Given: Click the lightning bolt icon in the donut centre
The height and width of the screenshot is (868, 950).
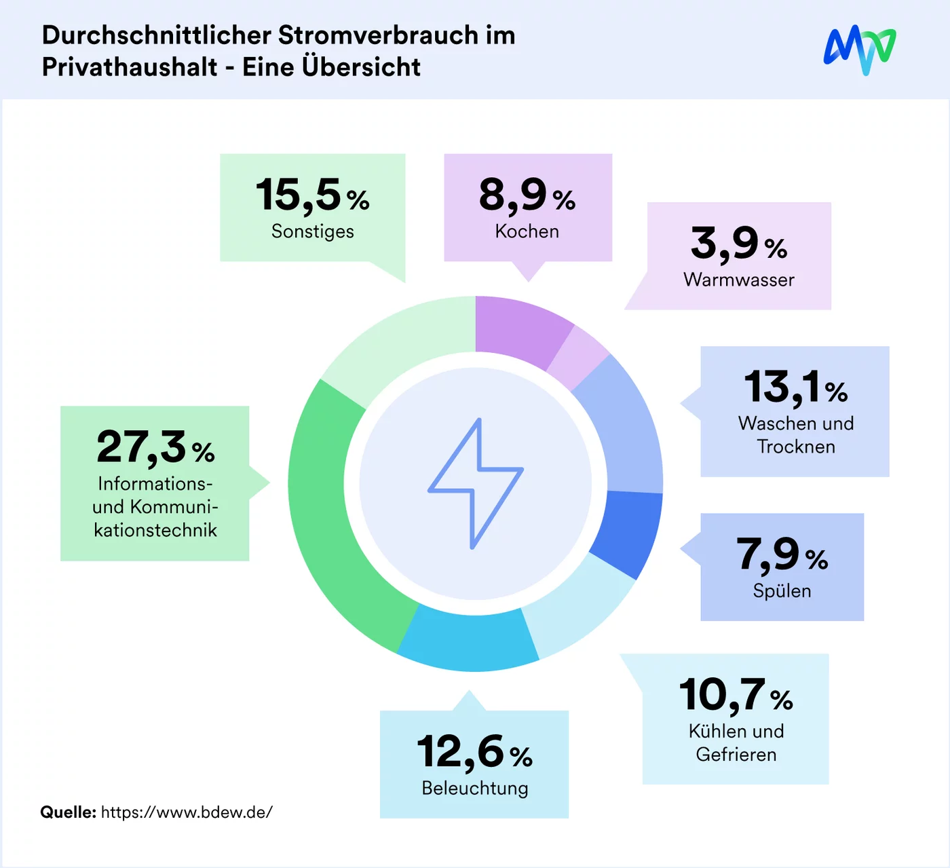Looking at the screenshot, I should click(476, 483).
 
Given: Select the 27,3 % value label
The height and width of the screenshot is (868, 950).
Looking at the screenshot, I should click(155, 447).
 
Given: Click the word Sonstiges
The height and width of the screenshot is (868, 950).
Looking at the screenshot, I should click(313, 231).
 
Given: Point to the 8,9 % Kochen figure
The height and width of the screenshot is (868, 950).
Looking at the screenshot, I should click(527, 195).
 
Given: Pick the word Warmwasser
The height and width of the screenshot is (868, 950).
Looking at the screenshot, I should click(739, 280).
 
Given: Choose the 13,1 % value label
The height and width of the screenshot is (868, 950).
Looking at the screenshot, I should click(796, 388).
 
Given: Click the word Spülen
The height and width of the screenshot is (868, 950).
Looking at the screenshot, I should click(782, 590).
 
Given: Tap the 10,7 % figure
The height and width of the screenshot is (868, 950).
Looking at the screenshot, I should click(736, 696).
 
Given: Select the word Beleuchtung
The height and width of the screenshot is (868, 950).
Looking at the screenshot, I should click(475, 788).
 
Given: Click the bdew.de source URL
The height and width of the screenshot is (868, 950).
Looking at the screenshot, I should click(187, 812).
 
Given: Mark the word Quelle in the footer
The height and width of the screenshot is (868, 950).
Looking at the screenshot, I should click(68, 812).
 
